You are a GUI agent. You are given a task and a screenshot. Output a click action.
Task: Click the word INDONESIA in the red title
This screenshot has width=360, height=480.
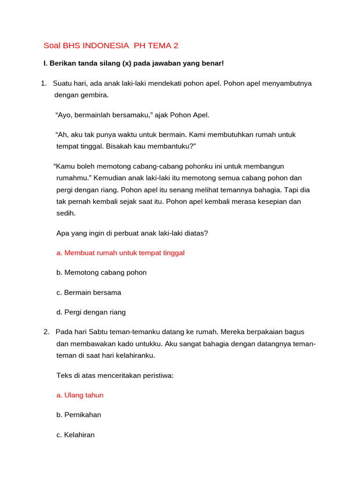(105, 45)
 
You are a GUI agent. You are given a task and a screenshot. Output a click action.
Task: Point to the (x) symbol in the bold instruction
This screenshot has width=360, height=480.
(126, 63)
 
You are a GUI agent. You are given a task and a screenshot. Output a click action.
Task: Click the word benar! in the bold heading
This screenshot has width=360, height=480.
(212, 63)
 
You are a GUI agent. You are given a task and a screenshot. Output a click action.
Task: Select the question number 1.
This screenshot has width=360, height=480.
(43, 83)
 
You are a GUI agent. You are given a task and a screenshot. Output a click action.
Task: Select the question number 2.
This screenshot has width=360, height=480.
(46, 332)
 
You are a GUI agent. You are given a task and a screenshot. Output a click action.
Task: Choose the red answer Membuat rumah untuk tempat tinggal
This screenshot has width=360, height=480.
(120, 253)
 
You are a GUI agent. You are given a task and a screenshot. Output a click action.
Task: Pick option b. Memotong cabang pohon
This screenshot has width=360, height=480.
(101, 272)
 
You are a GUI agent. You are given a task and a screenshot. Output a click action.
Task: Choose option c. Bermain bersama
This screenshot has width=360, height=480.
(89, 292)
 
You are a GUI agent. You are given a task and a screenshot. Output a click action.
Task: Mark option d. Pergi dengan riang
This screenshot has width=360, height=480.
(91, 312)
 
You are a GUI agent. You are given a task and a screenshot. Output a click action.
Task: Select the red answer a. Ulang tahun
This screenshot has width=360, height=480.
(80, 395)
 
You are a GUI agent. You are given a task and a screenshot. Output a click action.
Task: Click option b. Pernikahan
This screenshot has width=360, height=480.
(79, 415)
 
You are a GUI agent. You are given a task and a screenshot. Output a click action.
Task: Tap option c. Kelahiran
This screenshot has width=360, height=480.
(75, 435)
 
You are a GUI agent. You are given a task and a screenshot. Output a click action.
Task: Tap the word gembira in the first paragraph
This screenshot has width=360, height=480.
(95, 95)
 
